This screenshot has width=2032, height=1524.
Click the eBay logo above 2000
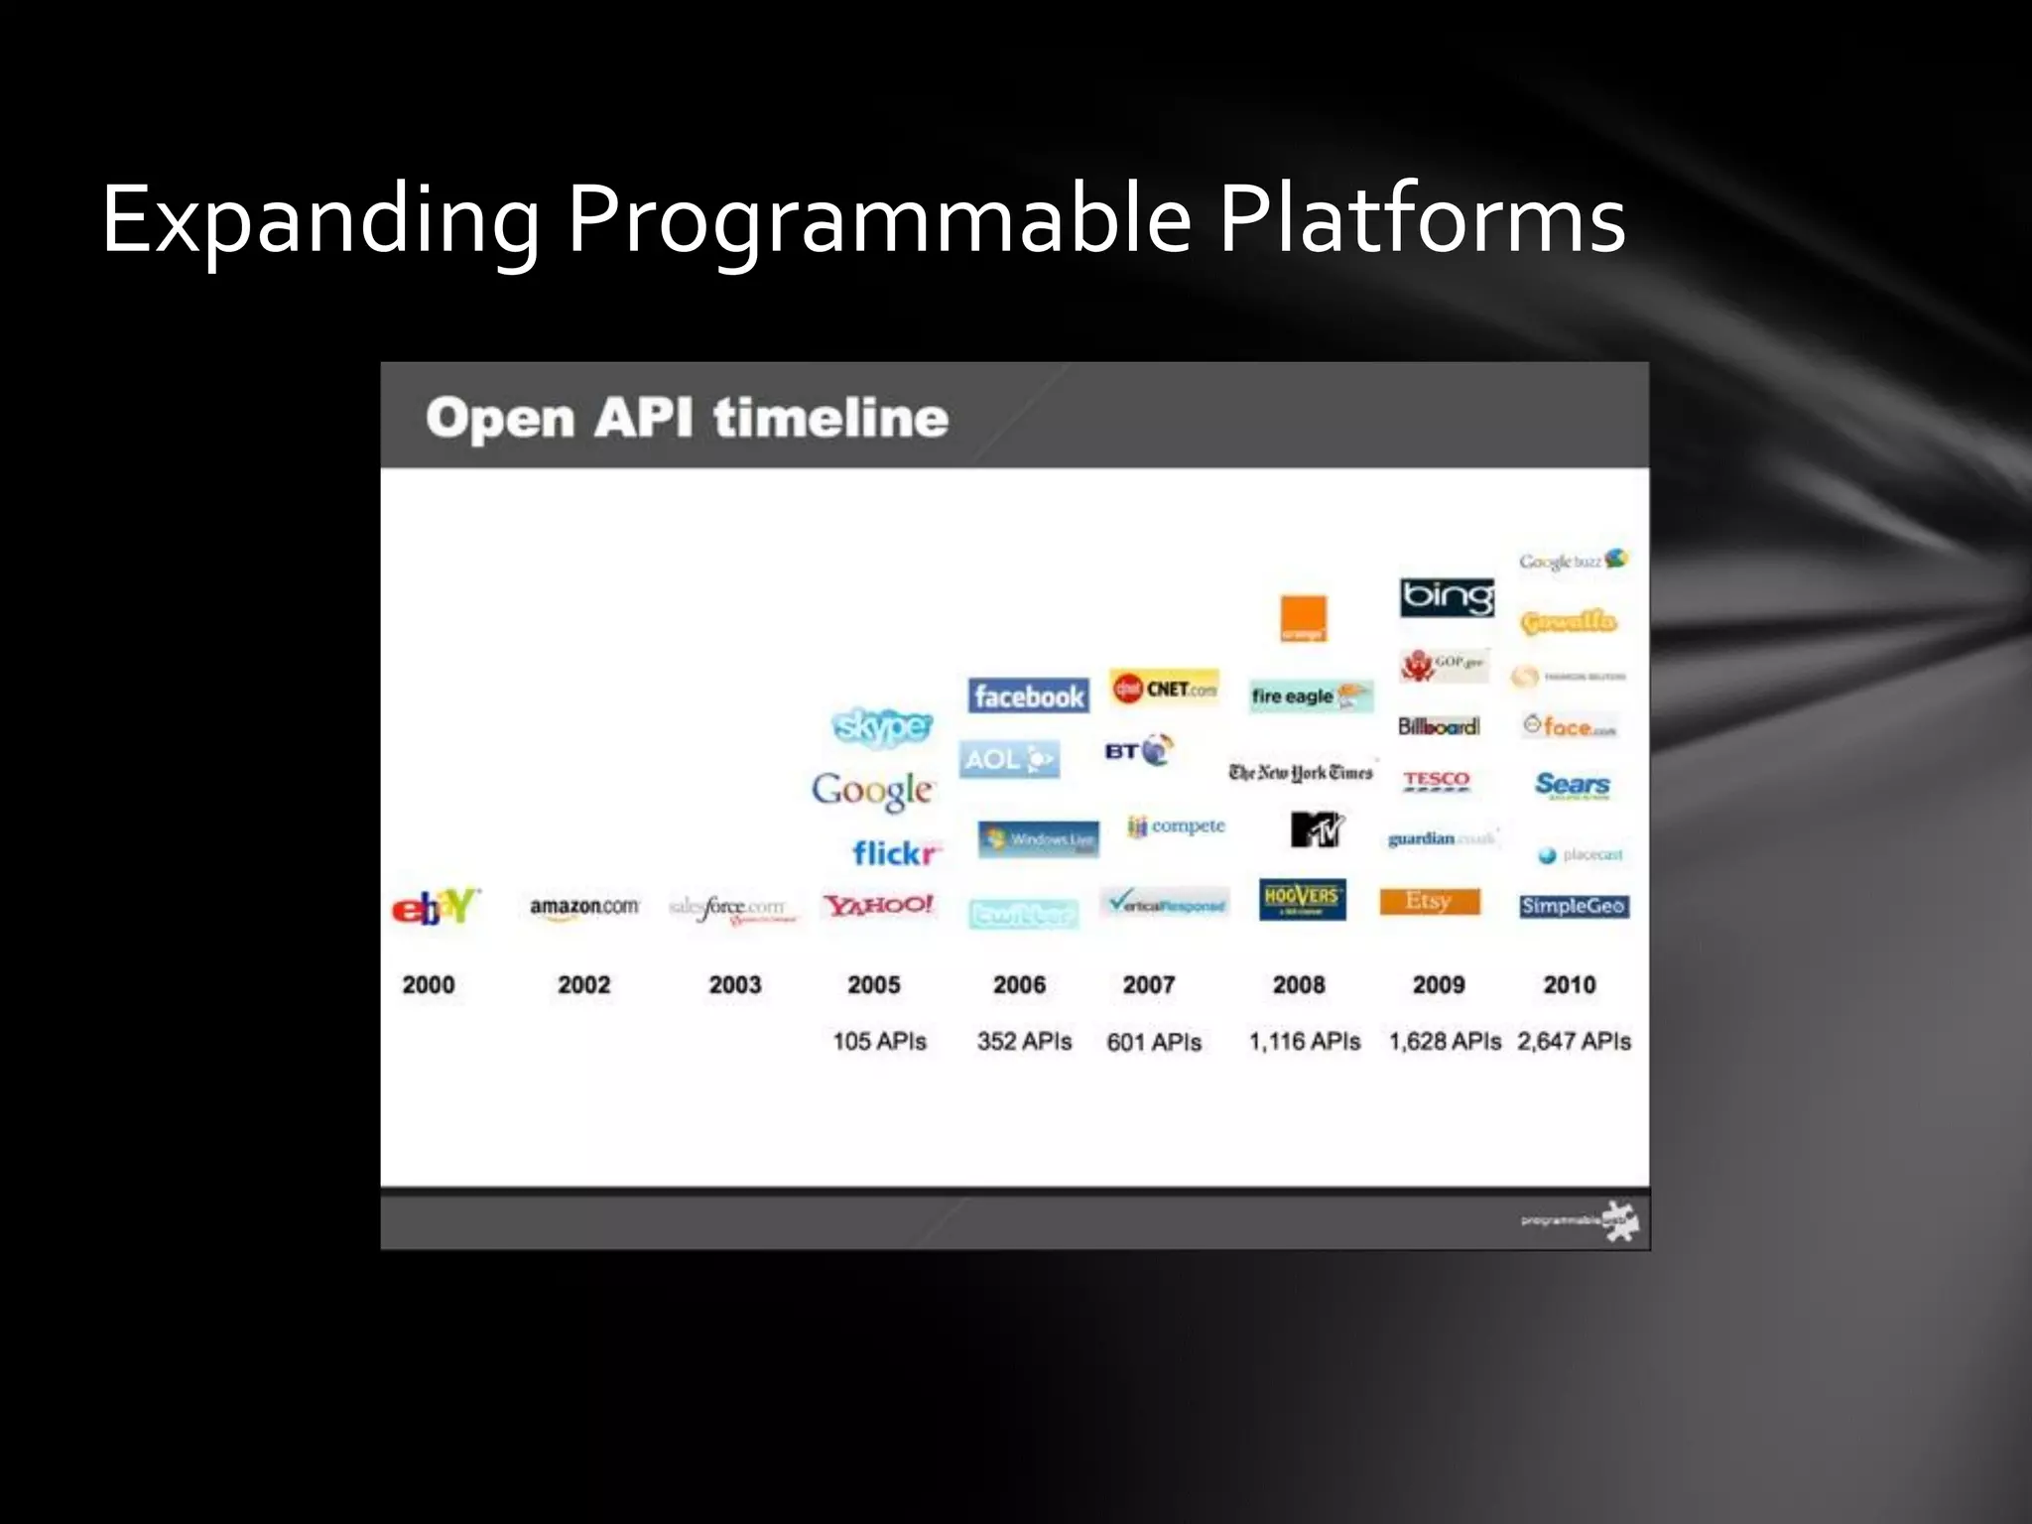(436, 906)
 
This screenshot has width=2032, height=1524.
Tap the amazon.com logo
(583, 907)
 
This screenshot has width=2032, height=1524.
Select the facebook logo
(1028, 697)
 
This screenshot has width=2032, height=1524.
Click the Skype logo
(882, 726)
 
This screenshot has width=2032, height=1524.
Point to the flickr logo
(896, 853)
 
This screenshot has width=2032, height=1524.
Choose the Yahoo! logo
(878, 905)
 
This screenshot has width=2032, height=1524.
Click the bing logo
(1447, 597)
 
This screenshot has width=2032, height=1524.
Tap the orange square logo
(1303, 618)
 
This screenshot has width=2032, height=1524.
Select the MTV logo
(1317, 828)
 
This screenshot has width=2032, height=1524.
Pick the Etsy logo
(1429, 901)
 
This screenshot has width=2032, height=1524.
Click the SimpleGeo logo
(1574, 906)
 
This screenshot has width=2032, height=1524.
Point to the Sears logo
(1573, 785)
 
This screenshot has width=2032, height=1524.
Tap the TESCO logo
(1436, 780)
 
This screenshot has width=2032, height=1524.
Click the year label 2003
(734, 985)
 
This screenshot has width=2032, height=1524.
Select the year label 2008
(1299, 985)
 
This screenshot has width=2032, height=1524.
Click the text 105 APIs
(879, 1041)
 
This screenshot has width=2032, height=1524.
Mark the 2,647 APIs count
(1574, 1041)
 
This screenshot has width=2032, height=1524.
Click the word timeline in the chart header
(830, 418)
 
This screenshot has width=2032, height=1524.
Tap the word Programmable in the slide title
(878, 219)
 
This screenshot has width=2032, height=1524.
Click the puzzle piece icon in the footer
(1621, 1220)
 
